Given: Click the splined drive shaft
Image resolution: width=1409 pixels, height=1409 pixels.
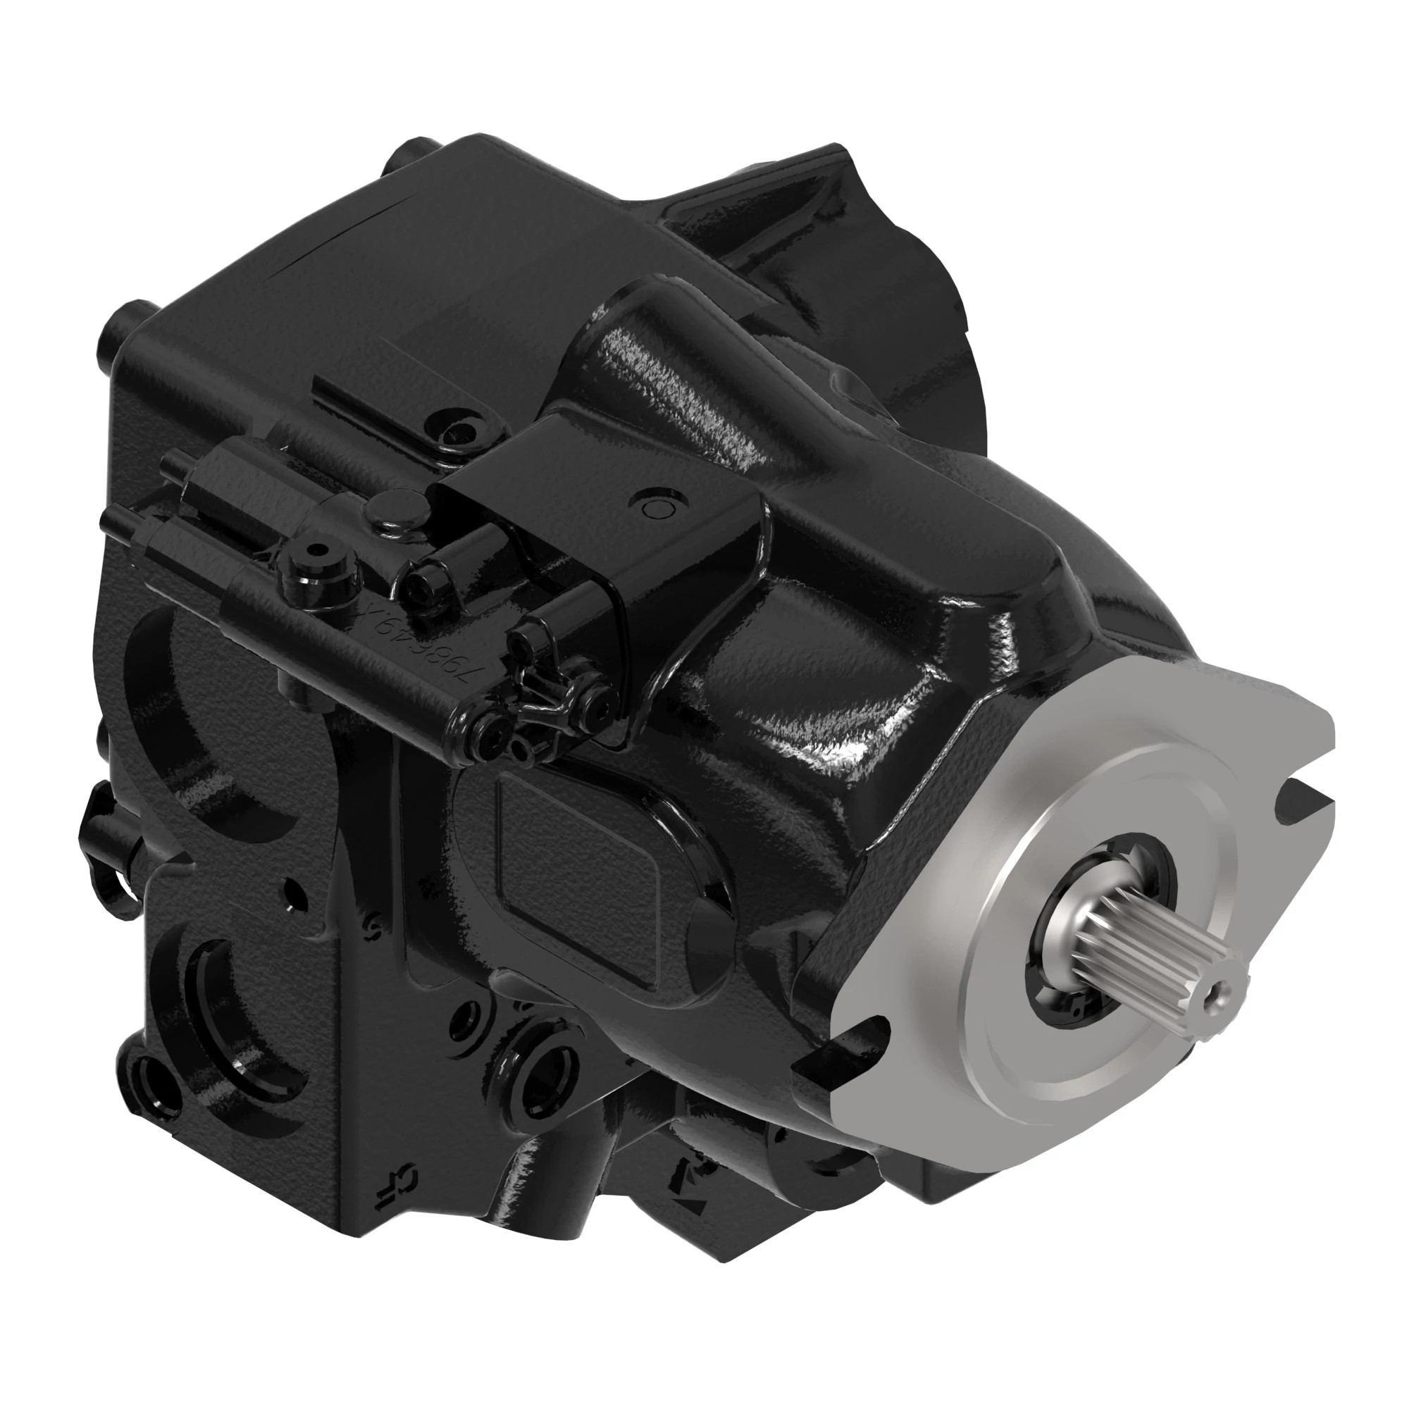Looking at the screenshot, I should coord(1138,948).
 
